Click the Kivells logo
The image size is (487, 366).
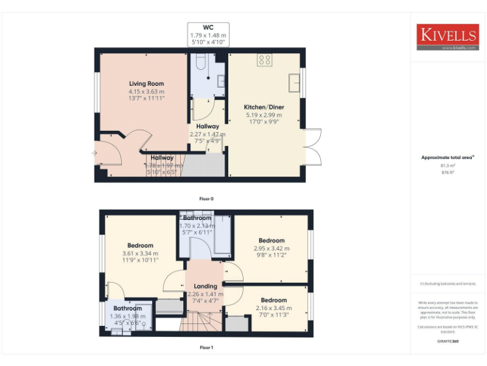[447, 37]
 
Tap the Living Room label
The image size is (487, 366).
[146, 84]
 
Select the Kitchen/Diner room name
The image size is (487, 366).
[264, 107]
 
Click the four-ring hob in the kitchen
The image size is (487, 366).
[265, 60]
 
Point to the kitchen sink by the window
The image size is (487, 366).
[294, 83]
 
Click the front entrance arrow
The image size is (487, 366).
[94, 153]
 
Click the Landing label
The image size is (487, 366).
[205, 287]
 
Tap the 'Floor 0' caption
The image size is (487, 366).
[207, 199]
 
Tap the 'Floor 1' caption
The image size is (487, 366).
[207, 348]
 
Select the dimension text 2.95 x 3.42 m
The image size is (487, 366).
[271, 248]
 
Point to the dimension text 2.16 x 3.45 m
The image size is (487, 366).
[274, 308]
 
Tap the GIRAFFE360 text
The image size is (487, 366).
[448, 342]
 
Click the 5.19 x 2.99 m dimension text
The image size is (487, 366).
[264, 115]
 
